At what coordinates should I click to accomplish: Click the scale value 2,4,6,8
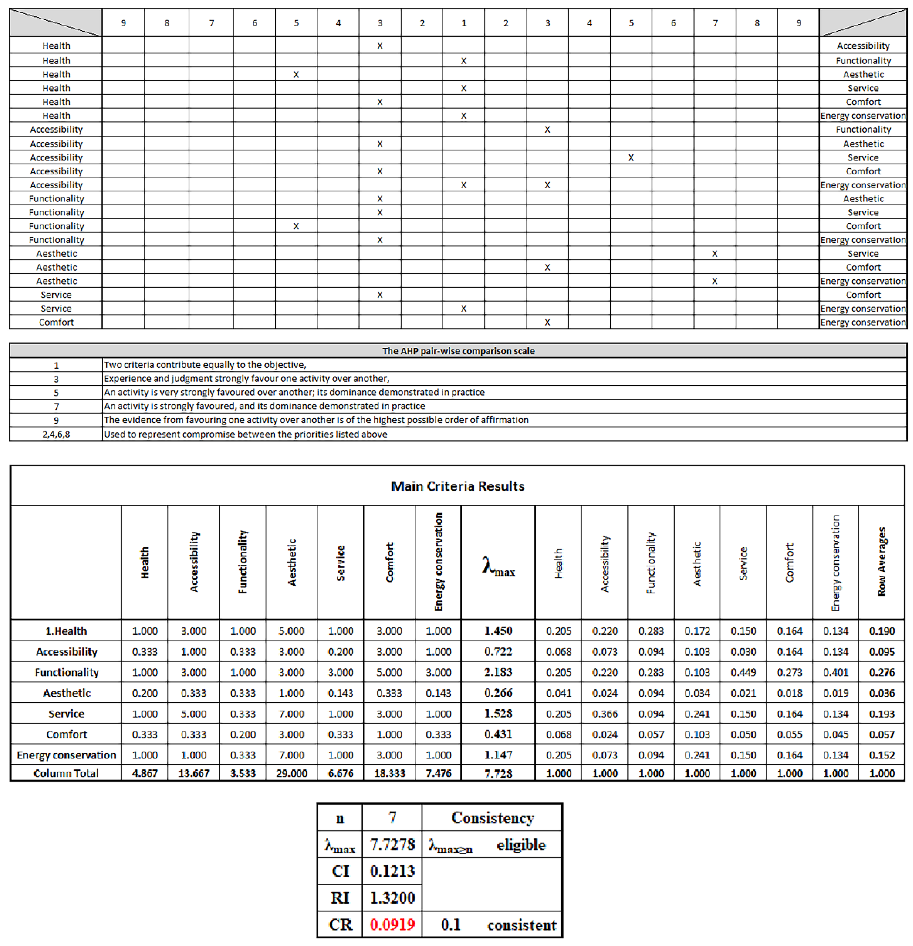[x=56, y=434]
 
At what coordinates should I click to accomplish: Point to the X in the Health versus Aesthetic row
[x=296, y=74]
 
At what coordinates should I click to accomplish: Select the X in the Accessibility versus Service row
[x=631, y=157]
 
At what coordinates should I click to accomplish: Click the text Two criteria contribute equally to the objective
[x=205, y=365]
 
